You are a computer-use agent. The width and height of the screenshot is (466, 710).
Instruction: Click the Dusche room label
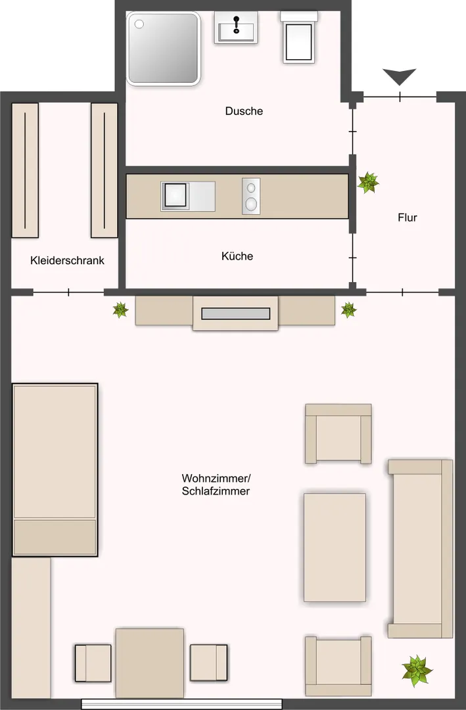tap(244, 111)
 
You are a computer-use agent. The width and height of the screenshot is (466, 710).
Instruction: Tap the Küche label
tap(237, 256)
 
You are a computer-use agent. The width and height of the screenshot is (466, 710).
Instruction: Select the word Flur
tap(408, 218)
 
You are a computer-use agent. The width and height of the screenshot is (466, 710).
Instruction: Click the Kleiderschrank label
tap(67, 260)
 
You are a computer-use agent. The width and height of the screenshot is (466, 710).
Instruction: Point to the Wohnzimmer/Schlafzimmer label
tap(216, 485)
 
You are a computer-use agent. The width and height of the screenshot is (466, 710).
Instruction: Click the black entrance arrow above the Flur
tap(400, 77)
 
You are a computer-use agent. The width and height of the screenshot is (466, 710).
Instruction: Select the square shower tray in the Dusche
tap(163, 49)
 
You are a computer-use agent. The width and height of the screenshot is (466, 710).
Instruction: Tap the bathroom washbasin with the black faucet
tap(235, 29)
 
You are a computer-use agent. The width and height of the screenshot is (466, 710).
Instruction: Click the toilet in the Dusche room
tap(299, 38)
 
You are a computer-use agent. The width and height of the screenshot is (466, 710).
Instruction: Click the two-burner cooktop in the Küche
tap(251, 196)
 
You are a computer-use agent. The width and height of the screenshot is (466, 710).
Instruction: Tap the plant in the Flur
tap(368, 182)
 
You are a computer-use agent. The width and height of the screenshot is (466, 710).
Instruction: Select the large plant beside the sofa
tap(417, 671)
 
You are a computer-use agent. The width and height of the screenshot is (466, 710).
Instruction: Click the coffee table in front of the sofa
tap(335, 547)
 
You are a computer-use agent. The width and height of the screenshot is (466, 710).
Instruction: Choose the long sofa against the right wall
tap(421, 549)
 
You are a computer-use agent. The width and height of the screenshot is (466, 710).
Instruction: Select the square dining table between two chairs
tap(149, 663)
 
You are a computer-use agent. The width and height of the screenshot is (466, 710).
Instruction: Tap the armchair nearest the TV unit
tap(338, 434)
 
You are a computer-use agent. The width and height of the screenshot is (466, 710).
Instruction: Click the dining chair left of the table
tap(93, 663)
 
